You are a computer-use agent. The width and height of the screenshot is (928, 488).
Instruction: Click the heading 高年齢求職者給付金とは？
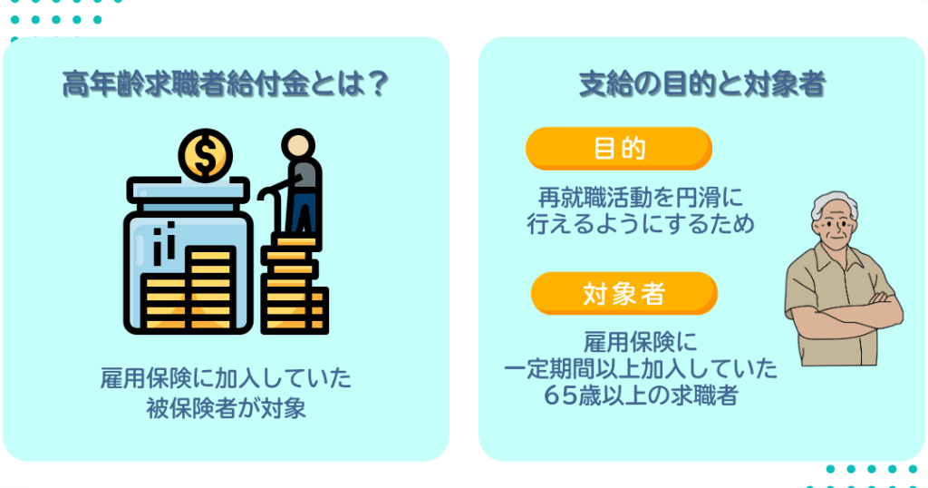(226, 84)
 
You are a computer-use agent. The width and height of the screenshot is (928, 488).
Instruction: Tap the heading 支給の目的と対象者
(702, 84)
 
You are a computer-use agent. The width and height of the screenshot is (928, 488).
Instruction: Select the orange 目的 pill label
(618, 149)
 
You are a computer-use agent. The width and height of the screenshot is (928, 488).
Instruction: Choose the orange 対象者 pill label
(623, 294)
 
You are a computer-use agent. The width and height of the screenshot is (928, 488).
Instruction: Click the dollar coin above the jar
(206, 156)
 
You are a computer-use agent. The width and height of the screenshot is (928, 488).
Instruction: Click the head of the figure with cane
(297, 145)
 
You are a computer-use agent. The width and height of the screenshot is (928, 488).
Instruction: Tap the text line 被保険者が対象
(226, 408)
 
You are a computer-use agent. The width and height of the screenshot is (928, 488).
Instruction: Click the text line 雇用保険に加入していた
(226, 378)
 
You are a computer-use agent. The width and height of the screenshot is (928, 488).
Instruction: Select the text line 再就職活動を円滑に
(641, 197)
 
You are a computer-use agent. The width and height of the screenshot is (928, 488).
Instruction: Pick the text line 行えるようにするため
(641, 224)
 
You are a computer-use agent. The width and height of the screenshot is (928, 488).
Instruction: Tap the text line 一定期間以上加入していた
(641, 368)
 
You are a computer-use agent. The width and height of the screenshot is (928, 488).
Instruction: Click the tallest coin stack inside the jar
(210, 288)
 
